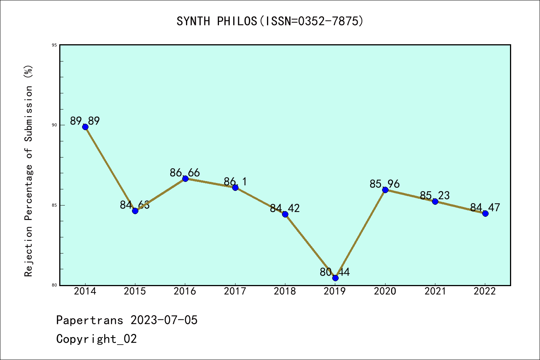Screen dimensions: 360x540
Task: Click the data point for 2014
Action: point(85,127)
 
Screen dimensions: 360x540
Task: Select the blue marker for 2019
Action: point(335,278)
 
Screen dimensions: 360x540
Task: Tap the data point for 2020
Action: point(385,190)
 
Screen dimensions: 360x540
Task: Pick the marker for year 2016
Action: point(185,178)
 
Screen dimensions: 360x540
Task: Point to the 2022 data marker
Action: point(485,213)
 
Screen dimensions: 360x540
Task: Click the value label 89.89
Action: point(85,121)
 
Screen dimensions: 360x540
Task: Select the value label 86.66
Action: point(185,172)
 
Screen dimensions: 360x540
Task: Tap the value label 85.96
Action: point(385,184)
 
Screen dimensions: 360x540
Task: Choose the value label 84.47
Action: point(485,207)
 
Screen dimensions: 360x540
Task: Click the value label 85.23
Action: point(435,195)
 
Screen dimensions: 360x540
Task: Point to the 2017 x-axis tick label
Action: point(235,291)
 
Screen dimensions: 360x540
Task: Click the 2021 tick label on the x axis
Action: point(435,291)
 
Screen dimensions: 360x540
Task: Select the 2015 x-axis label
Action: point(135,291)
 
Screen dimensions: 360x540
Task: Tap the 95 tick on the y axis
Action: point(54,45)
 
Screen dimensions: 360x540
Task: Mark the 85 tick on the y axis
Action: point(54,205)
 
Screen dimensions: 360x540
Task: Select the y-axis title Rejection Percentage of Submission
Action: point(29,171)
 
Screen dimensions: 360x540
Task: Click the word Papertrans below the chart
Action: point(90,320)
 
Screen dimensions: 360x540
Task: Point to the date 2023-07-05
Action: point(164,320)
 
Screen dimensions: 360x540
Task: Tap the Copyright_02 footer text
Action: point(96,339)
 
